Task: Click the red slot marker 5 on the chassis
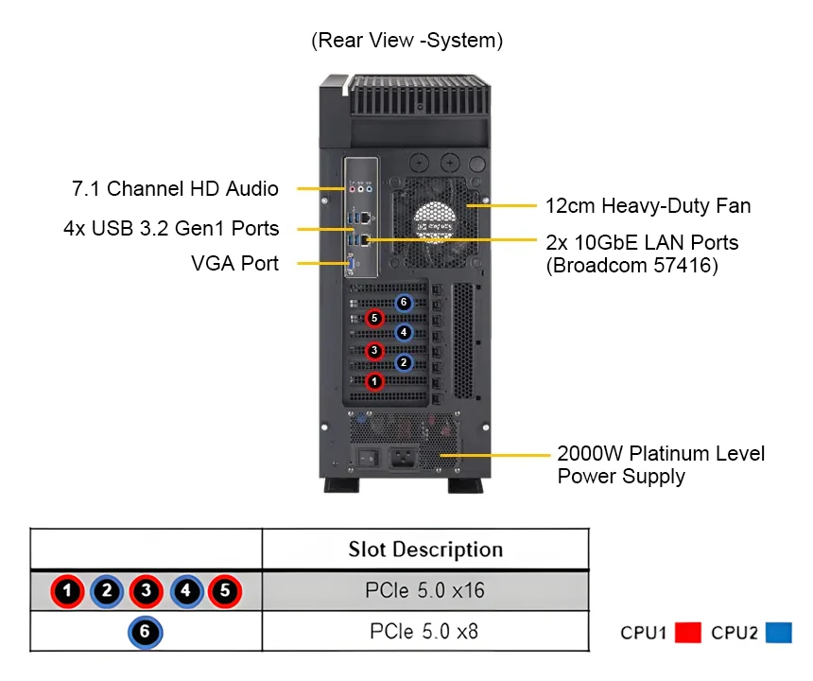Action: click(x=375, y=318)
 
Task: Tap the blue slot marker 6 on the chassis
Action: click(x=404, y=303)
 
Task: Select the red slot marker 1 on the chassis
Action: click(x=375, y=381)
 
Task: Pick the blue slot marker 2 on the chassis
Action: click(x=404, y=362)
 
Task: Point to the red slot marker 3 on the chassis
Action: click(x=375, y=351)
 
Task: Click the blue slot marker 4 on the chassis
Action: click(x=404, y=332)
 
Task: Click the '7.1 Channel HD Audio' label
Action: click(x=176, y=188)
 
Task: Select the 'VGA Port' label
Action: click(x=234, y=263)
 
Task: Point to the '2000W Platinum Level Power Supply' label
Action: click(x=661, y=464)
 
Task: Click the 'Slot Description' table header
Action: click(x=425, y=550)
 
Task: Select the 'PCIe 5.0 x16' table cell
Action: click(x=424, y=591)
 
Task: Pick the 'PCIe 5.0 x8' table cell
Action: click(x=424, y=631)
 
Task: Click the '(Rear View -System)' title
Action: click(x=406, y=41)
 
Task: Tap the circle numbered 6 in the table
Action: click(x=145, y=632)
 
